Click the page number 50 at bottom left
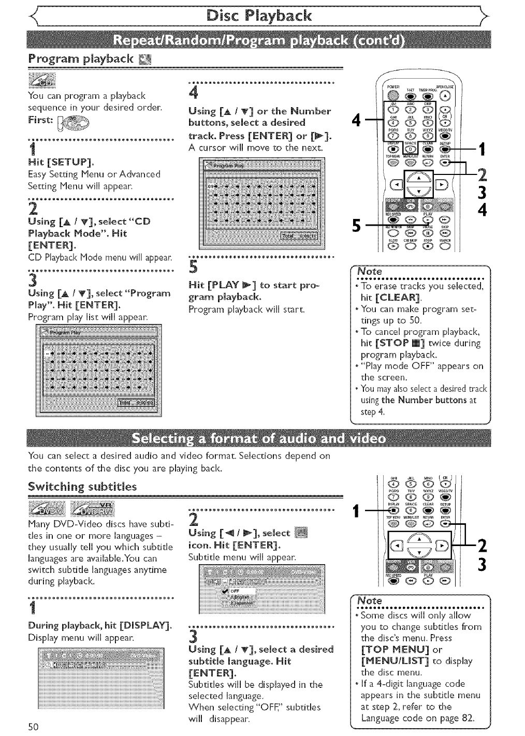(x=34, y=727)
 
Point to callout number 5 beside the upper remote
(x=356, y=226)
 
